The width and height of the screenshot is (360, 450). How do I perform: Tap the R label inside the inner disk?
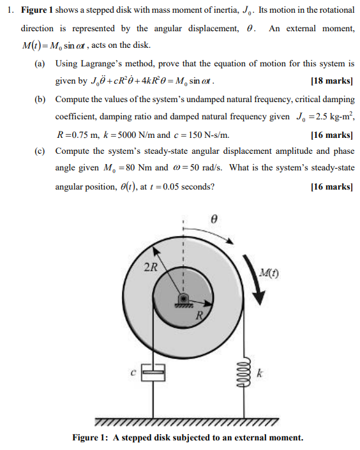(x=199, y=316)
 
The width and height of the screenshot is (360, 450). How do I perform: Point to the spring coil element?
(x=241, y=371)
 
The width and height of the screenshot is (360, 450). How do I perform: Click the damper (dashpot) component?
(x=153, y=371)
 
